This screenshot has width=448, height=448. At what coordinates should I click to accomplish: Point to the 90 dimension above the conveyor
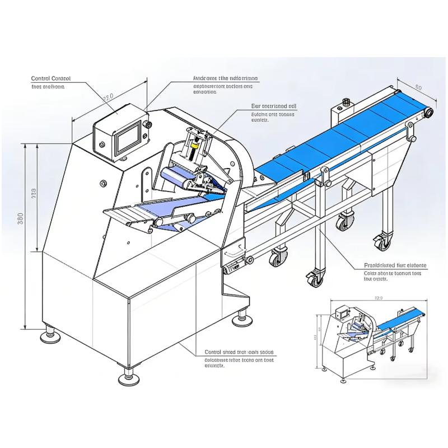pyautogui.click(x=418, y=87)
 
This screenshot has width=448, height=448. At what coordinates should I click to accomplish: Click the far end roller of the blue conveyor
pyautogui.click(x=428, y=114)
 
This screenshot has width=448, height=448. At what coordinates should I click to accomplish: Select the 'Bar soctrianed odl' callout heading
pyautogui.click(x=273, y=105)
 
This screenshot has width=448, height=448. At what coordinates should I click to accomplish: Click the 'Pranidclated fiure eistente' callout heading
pyautogui.click(x=395, y=265)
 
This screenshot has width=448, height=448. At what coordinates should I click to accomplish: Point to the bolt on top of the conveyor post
pyautogui.click(x=345, y=102)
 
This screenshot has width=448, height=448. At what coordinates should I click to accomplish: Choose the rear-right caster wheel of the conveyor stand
pyautogui.click(x=382, y=242)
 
